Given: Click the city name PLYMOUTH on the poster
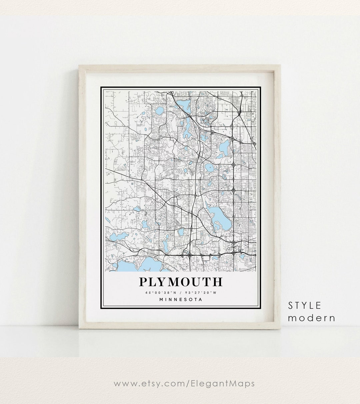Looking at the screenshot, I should pos(180,282).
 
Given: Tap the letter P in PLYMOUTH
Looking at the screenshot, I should pos(143,282).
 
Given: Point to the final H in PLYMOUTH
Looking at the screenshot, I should pos(217,282).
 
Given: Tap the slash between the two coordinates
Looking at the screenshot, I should pos(180,293).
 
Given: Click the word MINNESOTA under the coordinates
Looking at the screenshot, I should pos(181,299).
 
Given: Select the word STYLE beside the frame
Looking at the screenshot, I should pos(305,305).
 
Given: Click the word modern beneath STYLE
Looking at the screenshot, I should pos(312,318).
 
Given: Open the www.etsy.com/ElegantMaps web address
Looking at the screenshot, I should pos(184,383).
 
